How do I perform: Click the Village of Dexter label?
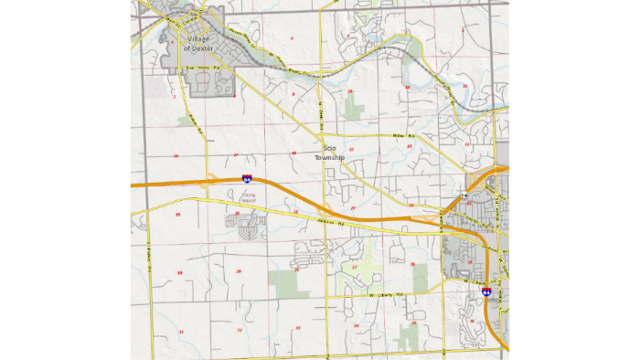197,43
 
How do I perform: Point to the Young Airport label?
248,196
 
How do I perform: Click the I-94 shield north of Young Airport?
247,179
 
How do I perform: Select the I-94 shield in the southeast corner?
486,291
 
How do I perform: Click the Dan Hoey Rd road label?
197,68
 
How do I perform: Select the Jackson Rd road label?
340,221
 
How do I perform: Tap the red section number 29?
239,271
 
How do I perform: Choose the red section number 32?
240,330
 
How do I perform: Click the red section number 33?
297,327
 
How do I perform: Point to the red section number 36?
472,321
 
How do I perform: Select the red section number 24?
410,146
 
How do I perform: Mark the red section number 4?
292,38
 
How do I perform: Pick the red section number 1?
464,30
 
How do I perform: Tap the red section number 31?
181,332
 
